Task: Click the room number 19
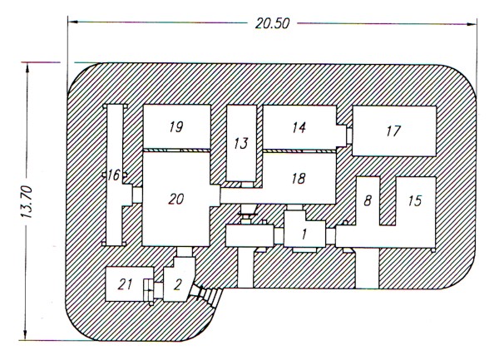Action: click(176, 127)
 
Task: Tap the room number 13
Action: click(241, 144)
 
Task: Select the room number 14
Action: click(299, 127)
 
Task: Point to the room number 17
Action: click(393, 131)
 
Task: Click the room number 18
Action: click(299, 179)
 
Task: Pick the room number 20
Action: click(176, 200)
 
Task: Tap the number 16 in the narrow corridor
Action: click(114, 175)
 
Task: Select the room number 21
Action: click(125, 284)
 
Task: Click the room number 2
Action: click(178, 285)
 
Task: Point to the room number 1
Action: click(304, 234)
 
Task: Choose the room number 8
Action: click(368, 200)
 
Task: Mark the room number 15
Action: click(415, 200)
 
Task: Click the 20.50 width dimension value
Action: click(273, 24)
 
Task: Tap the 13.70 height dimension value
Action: click(27, 202)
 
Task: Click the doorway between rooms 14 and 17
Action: click(349, 136)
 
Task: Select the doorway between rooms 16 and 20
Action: click(137, 195)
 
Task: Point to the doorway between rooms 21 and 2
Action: click(158, 290)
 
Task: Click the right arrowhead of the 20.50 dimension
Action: click(472, 24)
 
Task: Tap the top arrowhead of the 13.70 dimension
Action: click(27, 68)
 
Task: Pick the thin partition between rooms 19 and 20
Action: click(176, 150)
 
